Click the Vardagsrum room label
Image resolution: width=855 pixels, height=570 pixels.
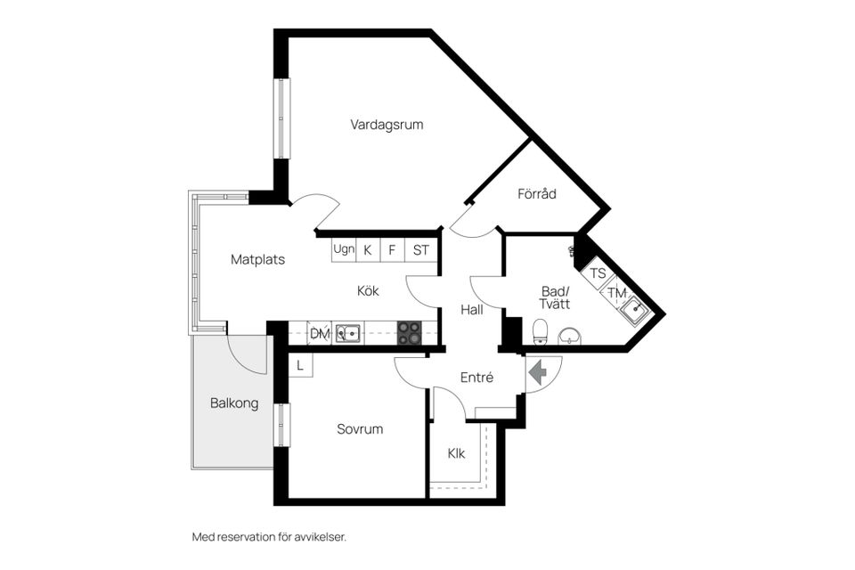point(387,125)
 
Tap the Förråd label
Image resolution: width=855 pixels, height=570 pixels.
point(537,193)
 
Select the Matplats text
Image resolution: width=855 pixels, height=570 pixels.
point(257,260)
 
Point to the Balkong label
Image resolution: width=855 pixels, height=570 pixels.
point(234,403)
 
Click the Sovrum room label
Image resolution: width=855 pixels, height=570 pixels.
point(360,429)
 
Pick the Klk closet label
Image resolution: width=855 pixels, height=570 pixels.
point(456,453)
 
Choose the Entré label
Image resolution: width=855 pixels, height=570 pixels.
point(476,378)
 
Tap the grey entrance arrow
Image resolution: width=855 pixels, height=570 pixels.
point(538,372)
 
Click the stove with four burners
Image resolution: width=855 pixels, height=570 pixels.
point(410,333)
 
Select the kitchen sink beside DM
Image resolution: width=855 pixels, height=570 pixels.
point(347,334)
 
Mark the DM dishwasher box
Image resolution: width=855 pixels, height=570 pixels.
point(319,334)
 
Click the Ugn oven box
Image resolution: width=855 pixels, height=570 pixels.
point(344,250)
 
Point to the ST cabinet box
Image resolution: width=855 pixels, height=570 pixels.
point(421,250)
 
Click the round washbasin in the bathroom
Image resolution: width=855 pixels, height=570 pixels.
point(570,336)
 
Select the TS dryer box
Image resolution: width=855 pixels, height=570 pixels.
point(598,273)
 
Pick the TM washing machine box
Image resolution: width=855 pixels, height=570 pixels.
point(615,291)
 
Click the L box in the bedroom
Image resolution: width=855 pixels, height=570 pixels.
point(300,365)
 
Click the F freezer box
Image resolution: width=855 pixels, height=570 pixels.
point(392,250)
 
